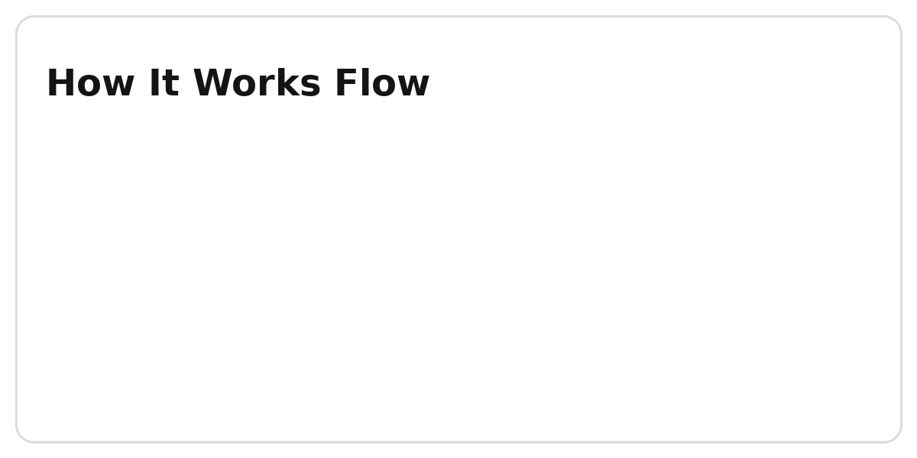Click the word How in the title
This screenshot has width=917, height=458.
[x=90, y=83]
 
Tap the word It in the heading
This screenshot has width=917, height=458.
[x=164, y=83]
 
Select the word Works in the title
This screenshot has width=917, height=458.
[x=257, y=83]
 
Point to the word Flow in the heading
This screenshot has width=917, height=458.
[x=382, y=82]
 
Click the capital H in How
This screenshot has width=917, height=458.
[x=60, y=83]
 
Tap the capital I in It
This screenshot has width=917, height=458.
[x=154, y=83]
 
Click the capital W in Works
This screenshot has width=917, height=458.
[x=214, y=83]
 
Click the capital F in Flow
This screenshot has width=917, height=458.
[x=346, y=83]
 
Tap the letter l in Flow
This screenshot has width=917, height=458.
[x=365, y=82]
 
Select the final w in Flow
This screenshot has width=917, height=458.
[x=413, y=86]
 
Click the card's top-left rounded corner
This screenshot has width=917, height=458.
[x=21, y=21]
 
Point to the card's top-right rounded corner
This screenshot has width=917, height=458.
[x=896, y=21]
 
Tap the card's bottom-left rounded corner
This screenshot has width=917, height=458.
[x=21, y=437]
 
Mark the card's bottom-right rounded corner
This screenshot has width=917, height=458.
[x=896, y=437]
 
